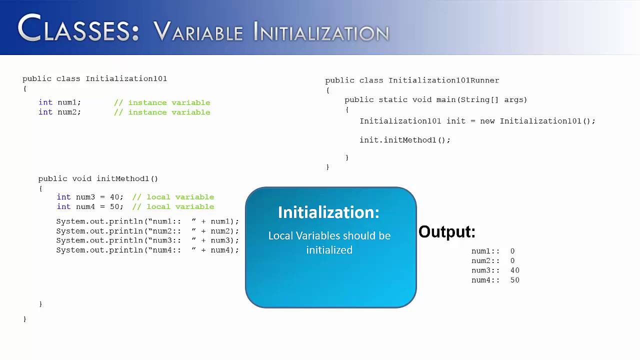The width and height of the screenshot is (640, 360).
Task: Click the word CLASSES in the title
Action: (78, 29)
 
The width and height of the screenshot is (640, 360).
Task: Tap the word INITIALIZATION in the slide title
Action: (321, 32)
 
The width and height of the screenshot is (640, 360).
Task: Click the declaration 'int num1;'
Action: (59, 102)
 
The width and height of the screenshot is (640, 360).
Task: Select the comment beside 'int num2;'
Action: (162, 112)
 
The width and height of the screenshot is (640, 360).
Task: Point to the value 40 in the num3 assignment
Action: (114, 197)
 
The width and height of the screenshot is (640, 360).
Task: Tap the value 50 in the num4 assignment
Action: (114, 206)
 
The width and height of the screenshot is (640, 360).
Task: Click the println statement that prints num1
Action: (147, 221)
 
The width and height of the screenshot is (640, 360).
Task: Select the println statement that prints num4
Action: (147, 250)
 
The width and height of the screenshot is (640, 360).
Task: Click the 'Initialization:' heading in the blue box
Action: (328, 212)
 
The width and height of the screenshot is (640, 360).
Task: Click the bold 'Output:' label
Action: (446, 232)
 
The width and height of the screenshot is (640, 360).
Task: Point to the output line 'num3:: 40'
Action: (495, 270)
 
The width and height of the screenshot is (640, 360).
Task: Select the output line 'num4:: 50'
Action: (495, 280)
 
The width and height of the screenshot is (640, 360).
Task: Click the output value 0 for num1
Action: (512, 251)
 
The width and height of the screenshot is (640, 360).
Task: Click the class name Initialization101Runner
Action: (443, 80)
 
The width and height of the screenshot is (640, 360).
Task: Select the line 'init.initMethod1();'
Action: (404, 140)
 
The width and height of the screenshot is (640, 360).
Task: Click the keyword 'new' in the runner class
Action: (487, 121)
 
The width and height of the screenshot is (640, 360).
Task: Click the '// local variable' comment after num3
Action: (173, 197)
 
